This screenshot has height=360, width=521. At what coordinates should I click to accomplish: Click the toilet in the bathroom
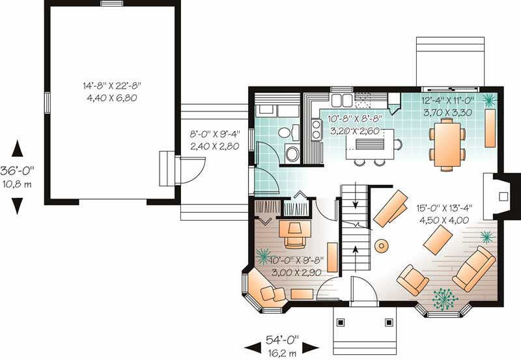[292, 154]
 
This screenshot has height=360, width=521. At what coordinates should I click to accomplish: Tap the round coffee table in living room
[382, 245]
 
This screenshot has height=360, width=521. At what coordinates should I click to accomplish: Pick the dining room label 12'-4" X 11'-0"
[449, 101]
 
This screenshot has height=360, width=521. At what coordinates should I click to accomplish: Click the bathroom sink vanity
[287, 132]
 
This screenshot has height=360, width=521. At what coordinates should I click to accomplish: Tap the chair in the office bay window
[266, 289]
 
